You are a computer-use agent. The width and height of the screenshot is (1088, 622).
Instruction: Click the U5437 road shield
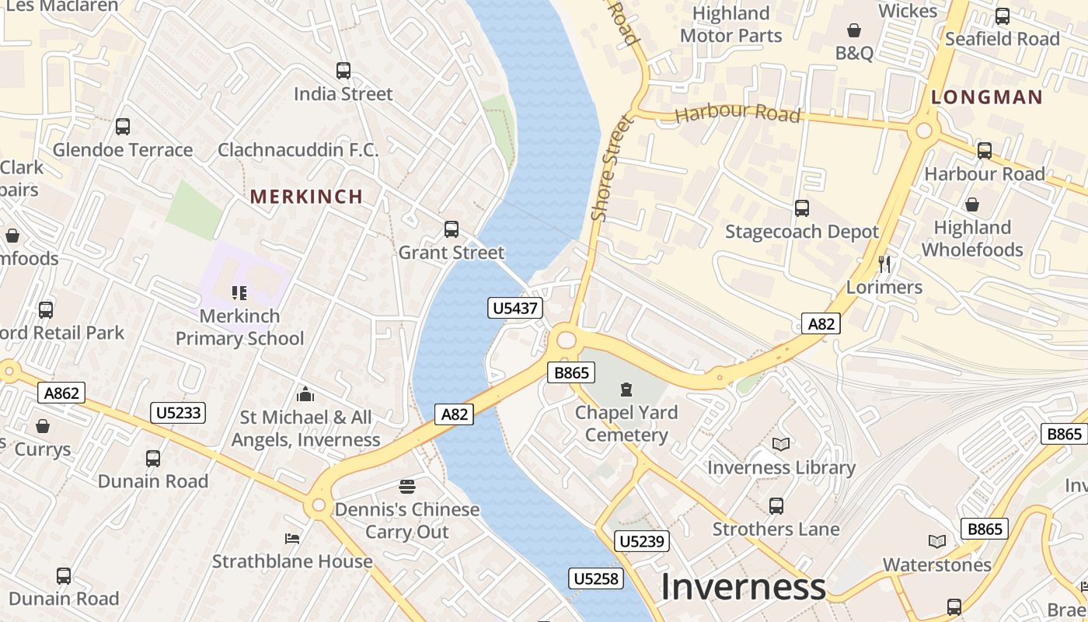click(515, 308)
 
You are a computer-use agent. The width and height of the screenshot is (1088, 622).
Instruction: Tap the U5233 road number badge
click(179, 412)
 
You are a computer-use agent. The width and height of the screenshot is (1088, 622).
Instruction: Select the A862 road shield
click(61, 393)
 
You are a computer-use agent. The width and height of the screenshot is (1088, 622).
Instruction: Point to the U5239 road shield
click(642, 541)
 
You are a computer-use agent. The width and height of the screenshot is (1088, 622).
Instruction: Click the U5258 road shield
click(597, 578)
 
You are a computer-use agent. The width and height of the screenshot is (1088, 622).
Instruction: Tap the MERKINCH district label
click(307, 197)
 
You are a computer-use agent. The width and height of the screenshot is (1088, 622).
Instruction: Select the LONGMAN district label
click(987, 97)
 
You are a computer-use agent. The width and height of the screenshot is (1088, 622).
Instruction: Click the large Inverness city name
click(742, 587)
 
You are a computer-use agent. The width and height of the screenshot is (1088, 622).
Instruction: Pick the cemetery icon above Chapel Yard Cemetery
click(626, 389)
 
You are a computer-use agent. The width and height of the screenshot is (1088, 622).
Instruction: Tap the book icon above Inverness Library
click(781, 444)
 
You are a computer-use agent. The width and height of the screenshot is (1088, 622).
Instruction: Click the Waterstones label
click(937, 564)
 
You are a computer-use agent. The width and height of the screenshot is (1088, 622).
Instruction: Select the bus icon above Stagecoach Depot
click(802, 208)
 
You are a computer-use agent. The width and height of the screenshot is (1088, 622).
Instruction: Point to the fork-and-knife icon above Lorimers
click(884, 264)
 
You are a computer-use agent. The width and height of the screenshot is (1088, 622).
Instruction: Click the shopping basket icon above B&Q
click(854, 30)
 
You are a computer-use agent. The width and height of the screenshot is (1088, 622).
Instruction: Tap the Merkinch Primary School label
click(240, 327)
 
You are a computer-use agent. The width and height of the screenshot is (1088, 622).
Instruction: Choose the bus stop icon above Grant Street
click(452, 229)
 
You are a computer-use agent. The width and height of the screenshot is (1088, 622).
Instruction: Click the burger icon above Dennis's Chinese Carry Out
click(407, 487)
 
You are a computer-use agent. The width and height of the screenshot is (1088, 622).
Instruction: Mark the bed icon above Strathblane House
click(292, 538)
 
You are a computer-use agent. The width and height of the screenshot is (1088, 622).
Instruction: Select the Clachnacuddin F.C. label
click(298, 150)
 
